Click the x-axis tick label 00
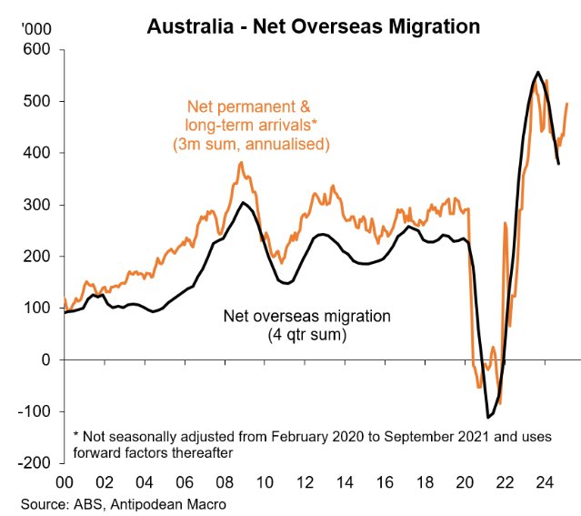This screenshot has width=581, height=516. coord(65,482)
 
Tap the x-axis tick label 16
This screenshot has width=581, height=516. coord(386,482)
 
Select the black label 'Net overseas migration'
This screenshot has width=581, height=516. coord(306,317)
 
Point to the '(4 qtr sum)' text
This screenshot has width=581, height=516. coord(306,334)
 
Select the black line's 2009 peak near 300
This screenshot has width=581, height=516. coord(243,203)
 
